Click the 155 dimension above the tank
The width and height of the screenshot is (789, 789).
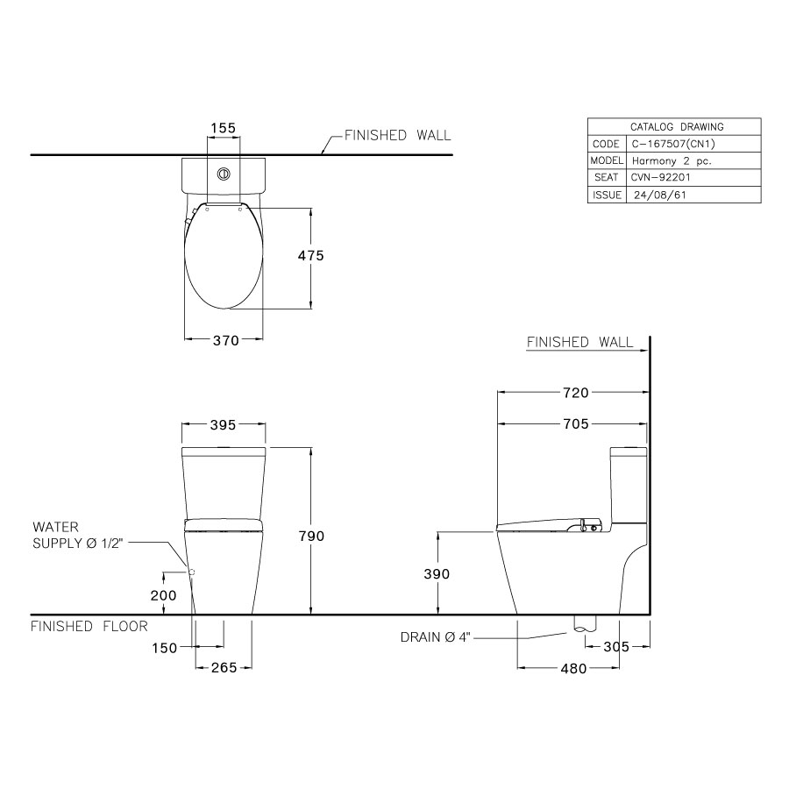coord(223,128)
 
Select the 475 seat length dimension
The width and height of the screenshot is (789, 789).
coord(310,256)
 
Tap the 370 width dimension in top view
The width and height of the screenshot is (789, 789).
coord(225,342)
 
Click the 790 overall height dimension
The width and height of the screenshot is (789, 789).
coord(311,536)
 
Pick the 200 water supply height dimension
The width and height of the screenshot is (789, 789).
coord(164,594)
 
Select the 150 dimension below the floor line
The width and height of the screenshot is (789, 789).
coord(164,648)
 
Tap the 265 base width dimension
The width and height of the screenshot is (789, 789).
coord(224,668)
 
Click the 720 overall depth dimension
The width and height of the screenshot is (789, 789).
coord(574,393)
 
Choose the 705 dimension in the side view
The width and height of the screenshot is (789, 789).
coord(574,424)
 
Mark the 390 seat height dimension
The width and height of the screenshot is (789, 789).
coord(436,573)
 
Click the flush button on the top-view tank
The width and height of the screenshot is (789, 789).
coord(223,173)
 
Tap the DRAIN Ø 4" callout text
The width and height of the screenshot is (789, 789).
coord(436,637)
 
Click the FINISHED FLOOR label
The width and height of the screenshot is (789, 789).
coord(89,626)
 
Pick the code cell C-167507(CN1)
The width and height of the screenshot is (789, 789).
coord(666,144)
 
